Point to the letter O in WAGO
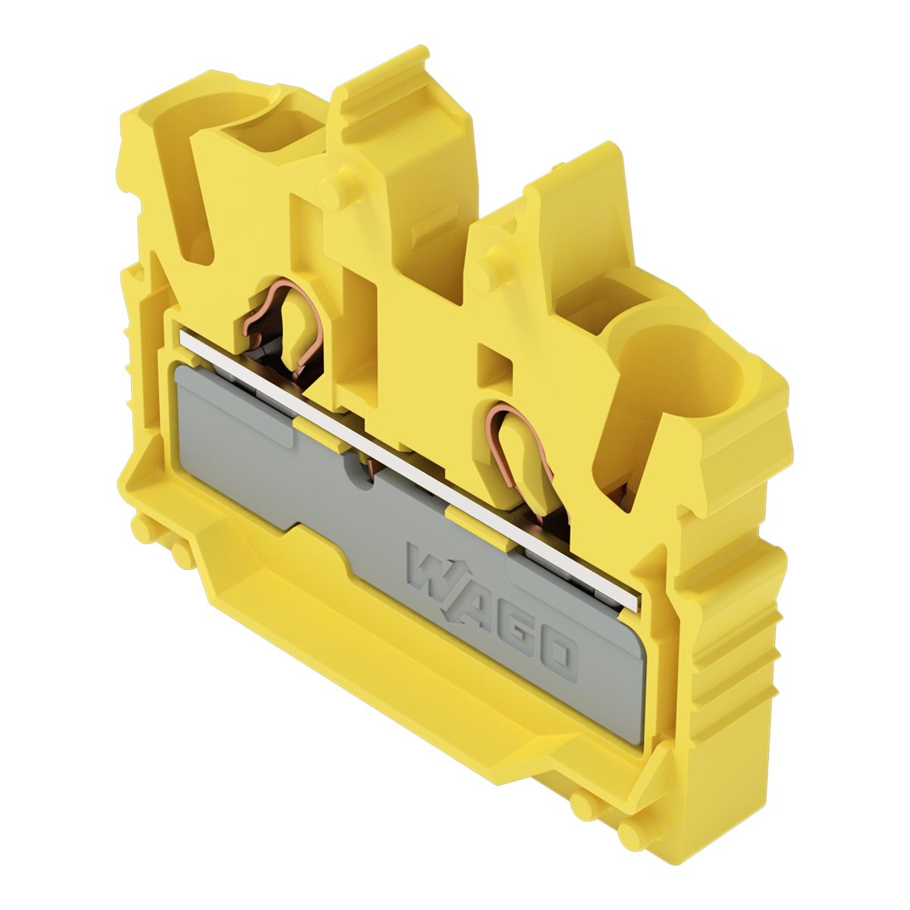pyautogui.click(x=559, y=657)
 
